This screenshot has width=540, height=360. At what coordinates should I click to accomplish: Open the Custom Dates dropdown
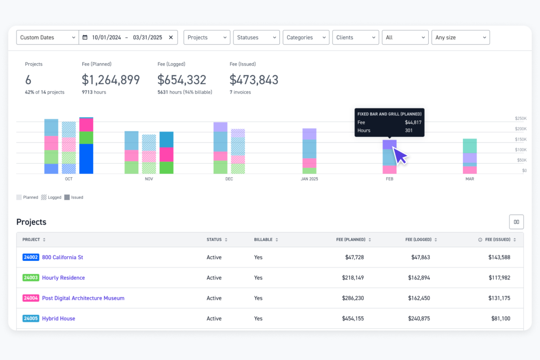(x=47, y=38)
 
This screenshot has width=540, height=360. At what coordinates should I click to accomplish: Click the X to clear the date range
(x=171, y=38)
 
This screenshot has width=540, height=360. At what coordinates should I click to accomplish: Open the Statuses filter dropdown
(x=256, y=38)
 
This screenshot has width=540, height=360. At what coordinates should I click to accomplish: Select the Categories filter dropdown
(x=306, y=38)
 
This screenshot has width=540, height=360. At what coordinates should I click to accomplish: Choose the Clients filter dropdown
(x=355, y=38)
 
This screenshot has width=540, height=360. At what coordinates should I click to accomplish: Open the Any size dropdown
(x=460, y=38)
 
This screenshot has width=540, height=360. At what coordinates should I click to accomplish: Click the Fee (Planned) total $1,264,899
(x=111, y=80)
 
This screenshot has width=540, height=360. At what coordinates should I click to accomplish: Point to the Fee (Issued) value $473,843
(x=254, y=80)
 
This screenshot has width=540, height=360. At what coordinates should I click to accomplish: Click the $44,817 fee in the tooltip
(x=413, y=123)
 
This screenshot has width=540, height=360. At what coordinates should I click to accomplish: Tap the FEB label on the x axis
(x=389, y=179)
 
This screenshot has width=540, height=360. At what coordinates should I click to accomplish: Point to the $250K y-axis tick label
(x=520, y=119)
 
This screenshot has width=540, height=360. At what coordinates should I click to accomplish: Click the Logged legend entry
(x=51, y=197)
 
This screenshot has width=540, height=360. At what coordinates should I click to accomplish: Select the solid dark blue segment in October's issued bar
(x=86, y=159)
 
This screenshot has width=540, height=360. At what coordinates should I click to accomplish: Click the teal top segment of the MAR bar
(x=470, y=146)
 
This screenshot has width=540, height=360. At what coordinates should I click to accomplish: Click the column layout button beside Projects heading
(x=516, y=222)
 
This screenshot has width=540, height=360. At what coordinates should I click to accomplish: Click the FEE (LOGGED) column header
(x=418, y=240)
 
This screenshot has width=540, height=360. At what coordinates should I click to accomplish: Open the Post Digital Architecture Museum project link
(x=83, y=298)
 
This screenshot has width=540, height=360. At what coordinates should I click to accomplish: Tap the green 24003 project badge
(x=31, y=278)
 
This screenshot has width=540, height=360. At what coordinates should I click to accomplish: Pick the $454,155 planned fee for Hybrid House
(x=352, y=318)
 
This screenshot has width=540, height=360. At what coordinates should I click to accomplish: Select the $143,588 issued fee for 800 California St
(x=499, y=257)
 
